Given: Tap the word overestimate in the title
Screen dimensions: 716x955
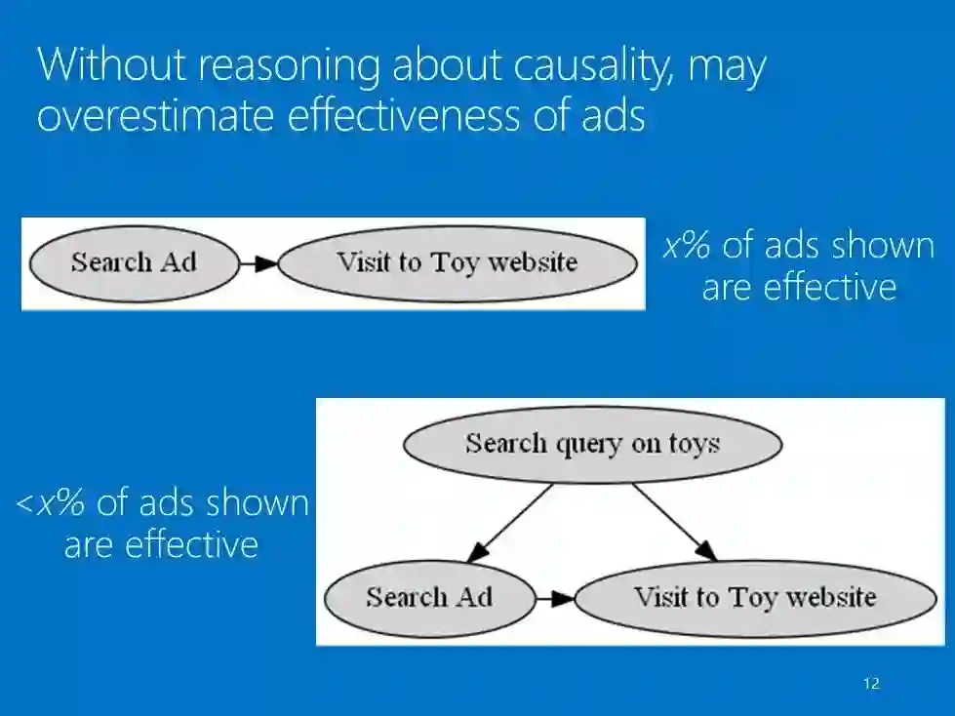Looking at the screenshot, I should (x=156, y=115).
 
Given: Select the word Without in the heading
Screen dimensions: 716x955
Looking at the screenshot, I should (x=104, y=66).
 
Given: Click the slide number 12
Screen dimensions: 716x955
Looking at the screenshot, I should (x=871, y=684).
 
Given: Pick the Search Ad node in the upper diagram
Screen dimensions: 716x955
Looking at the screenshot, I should (x=134, y=262).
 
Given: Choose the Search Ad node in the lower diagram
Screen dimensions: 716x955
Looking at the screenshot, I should (x=429, y=597).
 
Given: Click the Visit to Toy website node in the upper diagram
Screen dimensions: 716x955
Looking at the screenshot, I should (x=457, y=262).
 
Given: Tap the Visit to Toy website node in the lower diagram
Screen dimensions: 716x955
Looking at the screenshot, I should (x=755, y=597).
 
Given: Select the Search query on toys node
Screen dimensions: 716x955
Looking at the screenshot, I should (x=592, y=444).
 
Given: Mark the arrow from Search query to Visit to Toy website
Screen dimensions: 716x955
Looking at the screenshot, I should (x=674, y=523).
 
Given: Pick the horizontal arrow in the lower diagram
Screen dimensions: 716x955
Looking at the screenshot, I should (x=556, y=598).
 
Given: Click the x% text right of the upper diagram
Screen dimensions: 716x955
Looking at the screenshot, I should (x=687, y=245).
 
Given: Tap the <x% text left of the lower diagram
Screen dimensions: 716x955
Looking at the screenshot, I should (x=50, y=502).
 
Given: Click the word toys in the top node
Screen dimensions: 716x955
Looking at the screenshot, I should (x=694, y=444).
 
